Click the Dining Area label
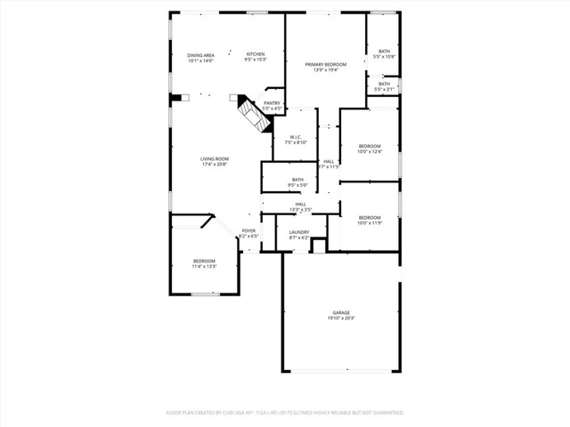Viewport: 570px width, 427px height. click(200, 55)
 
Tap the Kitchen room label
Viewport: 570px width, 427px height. click(256, 55)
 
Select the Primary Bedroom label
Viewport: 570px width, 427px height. click(325, 64)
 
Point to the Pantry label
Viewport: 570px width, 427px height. click(272, 103)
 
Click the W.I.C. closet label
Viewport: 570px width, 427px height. click(296, 137)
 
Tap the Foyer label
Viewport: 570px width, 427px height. click(248, 231)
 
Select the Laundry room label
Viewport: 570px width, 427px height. click(298, 232)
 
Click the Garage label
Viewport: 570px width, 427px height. click(341, 312)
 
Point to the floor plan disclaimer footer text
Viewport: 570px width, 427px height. click(285, 413)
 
